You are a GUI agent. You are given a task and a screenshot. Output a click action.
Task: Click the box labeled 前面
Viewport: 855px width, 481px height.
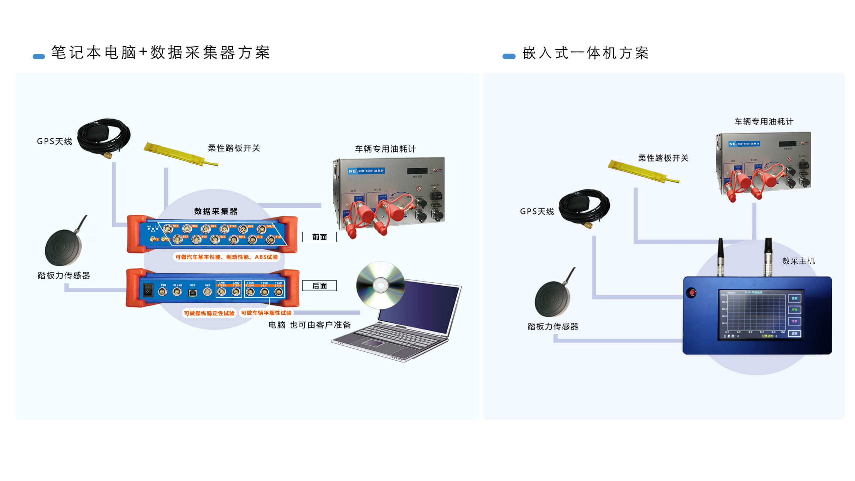pyautogui.click(x=319, y=237)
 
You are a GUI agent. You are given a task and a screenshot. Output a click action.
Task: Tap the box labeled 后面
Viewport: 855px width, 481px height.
pyautogui.click(x=319, y=286)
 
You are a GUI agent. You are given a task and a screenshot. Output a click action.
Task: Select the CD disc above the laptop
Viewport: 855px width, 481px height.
pyautogui.click(x=380, y=285)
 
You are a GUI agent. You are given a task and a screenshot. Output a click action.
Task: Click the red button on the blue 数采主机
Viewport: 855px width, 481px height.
pyautogui.click(x=691, y=292)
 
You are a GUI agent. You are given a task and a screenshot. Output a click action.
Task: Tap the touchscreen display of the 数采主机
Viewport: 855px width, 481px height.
pyautogui.click(x=760, y=315)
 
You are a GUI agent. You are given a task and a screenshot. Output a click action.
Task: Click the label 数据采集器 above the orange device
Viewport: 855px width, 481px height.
pyautogui.click(x=216, y=211)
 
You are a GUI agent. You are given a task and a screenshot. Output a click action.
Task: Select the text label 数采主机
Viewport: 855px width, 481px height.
pyautogui.click(x=798, y=261)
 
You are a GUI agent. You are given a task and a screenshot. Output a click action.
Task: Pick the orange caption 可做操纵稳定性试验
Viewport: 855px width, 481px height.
pyautogui.click(x=209, y=313)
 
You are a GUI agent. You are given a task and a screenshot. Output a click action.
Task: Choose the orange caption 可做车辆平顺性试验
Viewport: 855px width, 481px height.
pyautogui.click(x=266, y=313)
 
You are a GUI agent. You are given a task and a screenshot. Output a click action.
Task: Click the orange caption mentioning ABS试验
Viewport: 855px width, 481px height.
pyautogui.click(x=226, y=257)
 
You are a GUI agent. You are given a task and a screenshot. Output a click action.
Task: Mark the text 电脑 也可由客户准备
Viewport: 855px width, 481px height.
pyautogui.click(x=309, y=325)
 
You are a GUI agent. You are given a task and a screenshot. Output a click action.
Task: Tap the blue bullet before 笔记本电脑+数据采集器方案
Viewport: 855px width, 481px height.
pyautogui.click(x=39, y=57)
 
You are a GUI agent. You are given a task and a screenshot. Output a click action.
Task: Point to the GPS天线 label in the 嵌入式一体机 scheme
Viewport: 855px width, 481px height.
pyautogui.click(x=537, y=211)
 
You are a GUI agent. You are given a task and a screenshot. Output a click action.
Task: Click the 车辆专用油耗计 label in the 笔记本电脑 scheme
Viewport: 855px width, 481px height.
pyautogui.click(x=385, y=149)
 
